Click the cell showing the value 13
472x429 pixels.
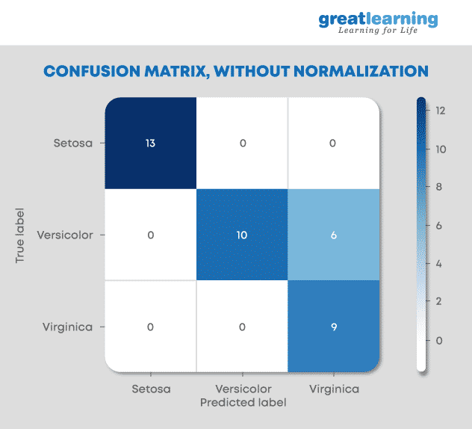[x=151, y=143]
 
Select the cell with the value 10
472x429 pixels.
[x=242, y=235]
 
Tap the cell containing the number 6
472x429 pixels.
[x=334, y=235]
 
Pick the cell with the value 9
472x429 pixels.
[x=334, y=327]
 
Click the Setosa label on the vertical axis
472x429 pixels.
[x=73, y=142]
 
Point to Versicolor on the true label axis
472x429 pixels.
[x=66, y=235]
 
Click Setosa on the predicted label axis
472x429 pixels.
[x=151, y=389]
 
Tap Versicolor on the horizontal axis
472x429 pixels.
[x=243, y=389]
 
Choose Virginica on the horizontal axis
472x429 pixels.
[x=334, y=389]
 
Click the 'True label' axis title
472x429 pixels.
[x=20, y=234]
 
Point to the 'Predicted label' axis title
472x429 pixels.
[x=243, y=402]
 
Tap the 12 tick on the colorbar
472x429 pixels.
[x=441, y=111]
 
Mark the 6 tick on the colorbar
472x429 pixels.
[x=441, y=226]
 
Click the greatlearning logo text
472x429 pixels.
[x=378, y=19]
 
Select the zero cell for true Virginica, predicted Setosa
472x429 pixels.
[x=151, y=327]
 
